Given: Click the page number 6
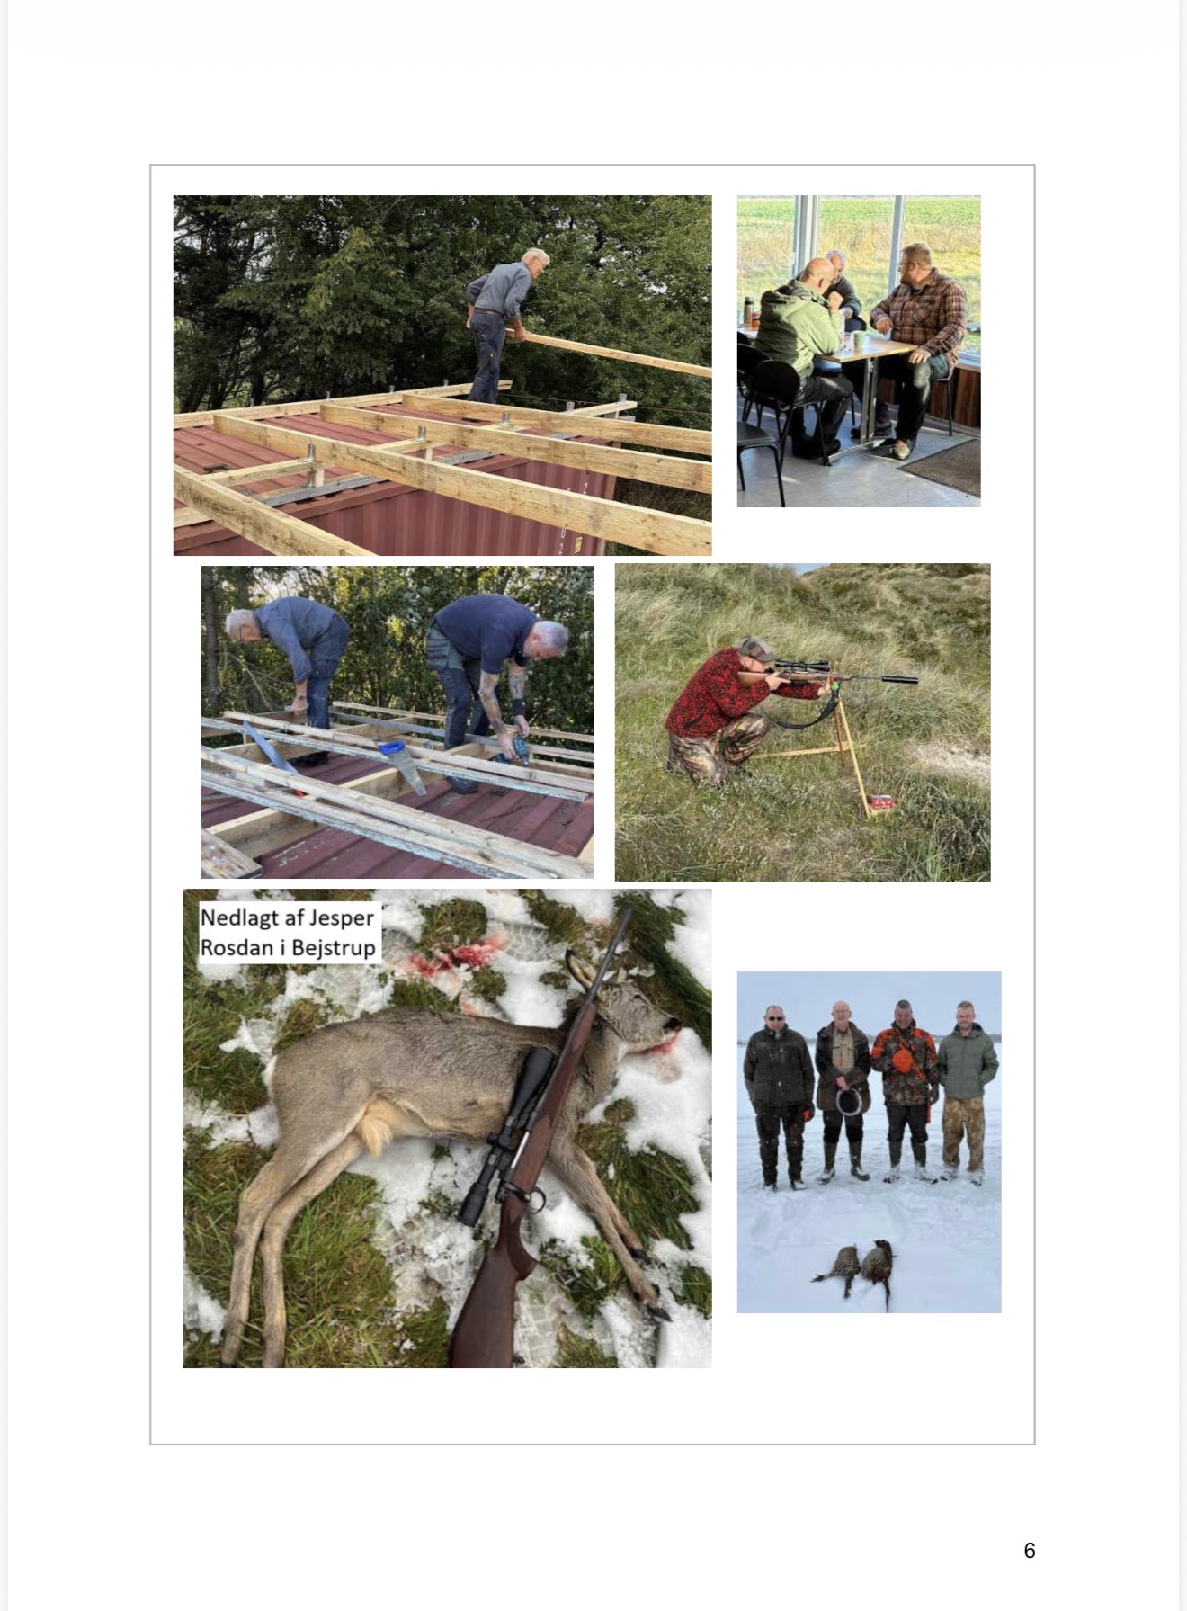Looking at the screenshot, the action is click(x=1030, y=1550).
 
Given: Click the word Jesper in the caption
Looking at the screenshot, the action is click(x=342, y=918).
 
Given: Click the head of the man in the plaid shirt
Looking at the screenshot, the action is click(x=915, y=264).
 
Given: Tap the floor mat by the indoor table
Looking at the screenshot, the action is click(x=940, y=466).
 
